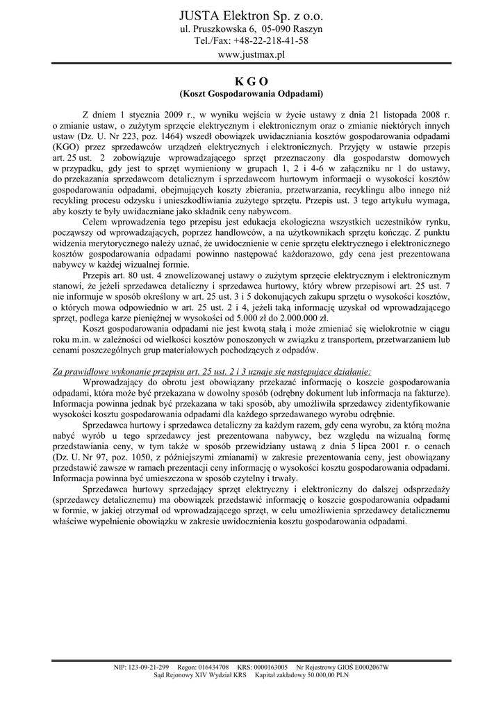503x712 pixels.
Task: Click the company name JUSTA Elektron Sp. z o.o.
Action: pos(251,15)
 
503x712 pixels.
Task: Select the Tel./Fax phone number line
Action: pos(251,40)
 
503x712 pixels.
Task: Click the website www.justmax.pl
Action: pos(251,54)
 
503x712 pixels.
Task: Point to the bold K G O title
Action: pos(251,81)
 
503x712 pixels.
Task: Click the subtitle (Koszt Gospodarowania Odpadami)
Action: pos(251,93)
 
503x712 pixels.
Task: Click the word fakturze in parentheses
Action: pos(429,393)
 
